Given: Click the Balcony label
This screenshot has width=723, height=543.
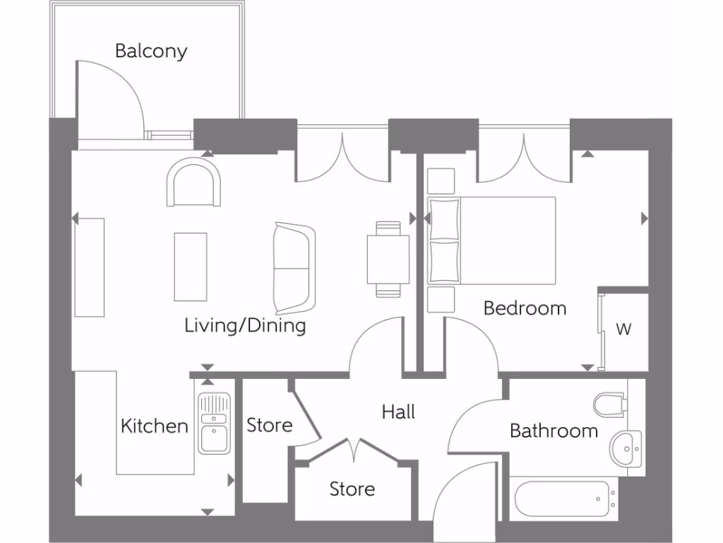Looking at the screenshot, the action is click(151, 51).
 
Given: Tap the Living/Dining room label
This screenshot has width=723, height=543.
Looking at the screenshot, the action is click(245, 325).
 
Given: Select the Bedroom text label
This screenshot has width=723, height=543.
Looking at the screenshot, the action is click(525, 308).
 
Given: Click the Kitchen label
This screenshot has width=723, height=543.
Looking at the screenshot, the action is click(155, 426).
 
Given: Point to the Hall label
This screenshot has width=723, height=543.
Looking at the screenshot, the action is click(398, 411).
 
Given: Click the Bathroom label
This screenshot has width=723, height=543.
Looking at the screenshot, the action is click(554, 431).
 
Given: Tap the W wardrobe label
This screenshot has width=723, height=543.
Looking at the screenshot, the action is click(623, 329).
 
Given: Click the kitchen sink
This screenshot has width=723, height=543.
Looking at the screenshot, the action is click(214, 423).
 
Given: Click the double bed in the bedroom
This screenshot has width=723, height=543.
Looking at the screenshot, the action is click(491, 240).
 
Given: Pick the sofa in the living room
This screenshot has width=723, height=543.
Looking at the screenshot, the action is click(294, 268).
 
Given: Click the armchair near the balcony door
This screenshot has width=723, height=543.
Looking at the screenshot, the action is click(193, 182).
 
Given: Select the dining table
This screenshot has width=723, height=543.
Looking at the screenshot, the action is click(388, 259).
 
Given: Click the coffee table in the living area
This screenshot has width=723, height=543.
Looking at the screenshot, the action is click(191, 267).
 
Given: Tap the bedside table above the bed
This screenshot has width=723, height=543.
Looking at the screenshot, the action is click(441, 181).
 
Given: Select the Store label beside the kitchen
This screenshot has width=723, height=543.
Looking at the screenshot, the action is click(270, 425).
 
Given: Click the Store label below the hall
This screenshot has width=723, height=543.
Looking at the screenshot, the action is click(352, 489).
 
